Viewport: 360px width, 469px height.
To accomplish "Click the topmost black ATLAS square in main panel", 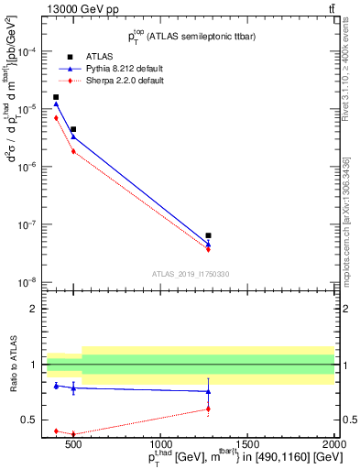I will pos(56,97).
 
